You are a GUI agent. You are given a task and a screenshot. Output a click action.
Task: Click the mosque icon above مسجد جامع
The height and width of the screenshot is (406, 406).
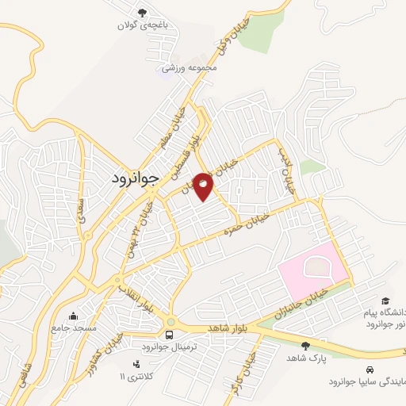73,316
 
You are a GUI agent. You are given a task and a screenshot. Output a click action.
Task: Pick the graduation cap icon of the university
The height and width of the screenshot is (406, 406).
385,301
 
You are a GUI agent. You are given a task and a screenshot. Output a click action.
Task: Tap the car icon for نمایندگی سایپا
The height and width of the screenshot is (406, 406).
370,370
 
